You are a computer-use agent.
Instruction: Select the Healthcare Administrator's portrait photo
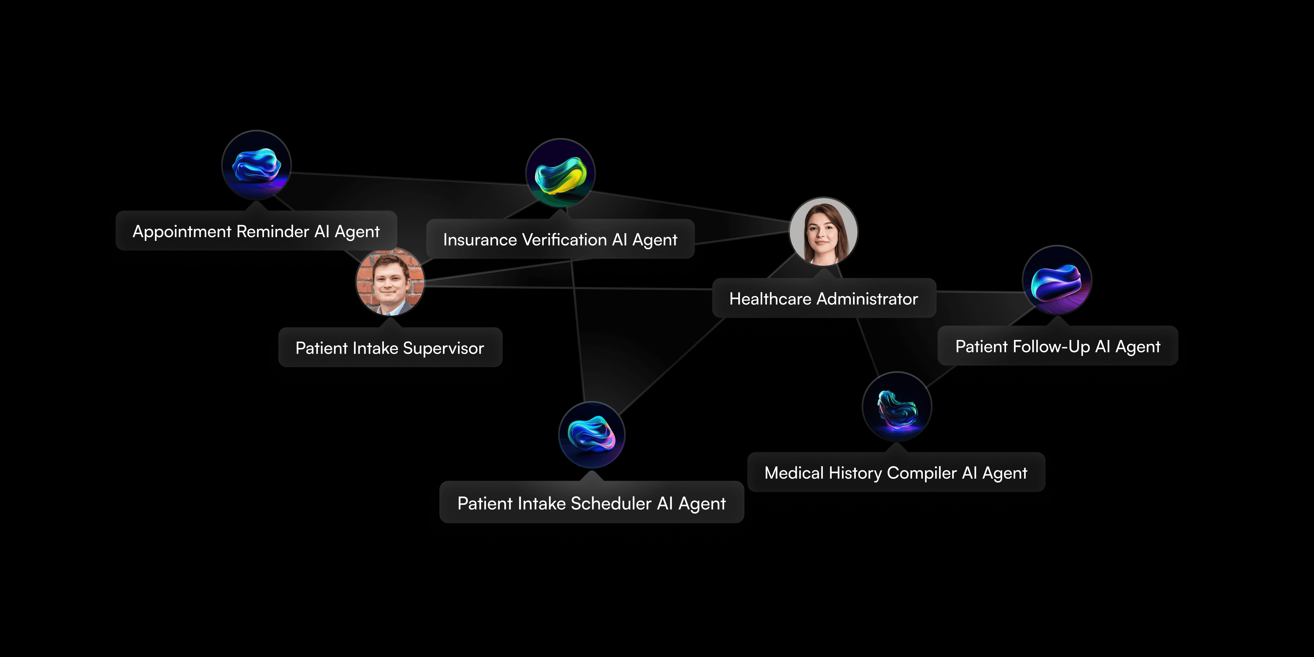coord(823,232)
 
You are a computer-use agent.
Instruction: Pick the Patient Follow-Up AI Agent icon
coord(1057,280)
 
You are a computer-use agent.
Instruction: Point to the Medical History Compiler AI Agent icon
coord(897,407)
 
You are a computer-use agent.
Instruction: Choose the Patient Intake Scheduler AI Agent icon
coord(592,435)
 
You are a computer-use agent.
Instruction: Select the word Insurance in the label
coord(480,240)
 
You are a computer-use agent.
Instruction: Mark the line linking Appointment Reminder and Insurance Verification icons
coord(408,178)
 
